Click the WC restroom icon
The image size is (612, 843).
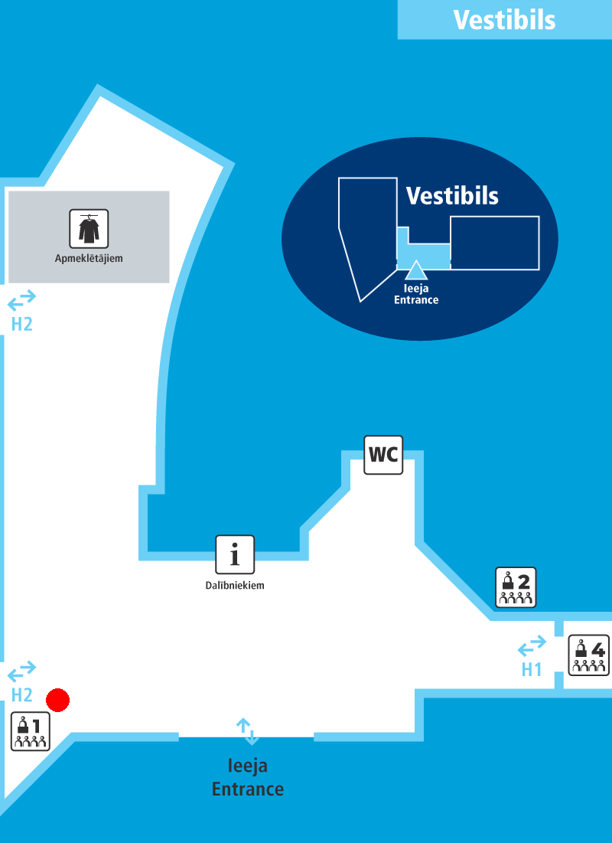(383, 455)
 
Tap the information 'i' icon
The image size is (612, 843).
(235, 555)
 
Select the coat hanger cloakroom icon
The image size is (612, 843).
(89, 228)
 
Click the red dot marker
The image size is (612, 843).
(58, 700)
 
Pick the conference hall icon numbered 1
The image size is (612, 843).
(31, 731)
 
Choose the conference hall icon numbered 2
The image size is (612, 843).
(516, 587)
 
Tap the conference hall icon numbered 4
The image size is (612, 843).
(589, 655)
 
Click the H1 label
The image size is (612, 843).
(532, 669)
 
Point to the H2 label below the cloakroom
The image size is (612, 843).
(22, 324)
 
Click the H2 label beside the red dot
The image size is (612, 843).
(22, 695)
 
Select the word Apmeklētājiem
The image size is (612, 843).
(89, 259)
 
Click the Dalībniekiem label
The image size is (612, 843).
(235, 586)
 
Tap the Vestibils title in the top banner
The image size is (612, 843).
(504, 20)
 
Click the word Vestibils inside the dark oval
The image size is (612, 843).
(452, 196)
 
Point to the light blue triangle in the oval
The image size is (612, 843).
(415, 270)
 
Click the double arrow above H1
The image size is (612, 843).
(532, 645)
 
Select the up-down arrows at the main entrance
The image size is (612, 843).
(248, 731)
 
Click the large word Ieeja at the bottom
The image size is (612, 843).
(248, 766)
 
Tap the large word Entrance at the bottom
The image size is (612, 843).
(248, 789)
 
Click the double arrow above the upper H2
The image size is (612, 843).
(22, 301)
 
